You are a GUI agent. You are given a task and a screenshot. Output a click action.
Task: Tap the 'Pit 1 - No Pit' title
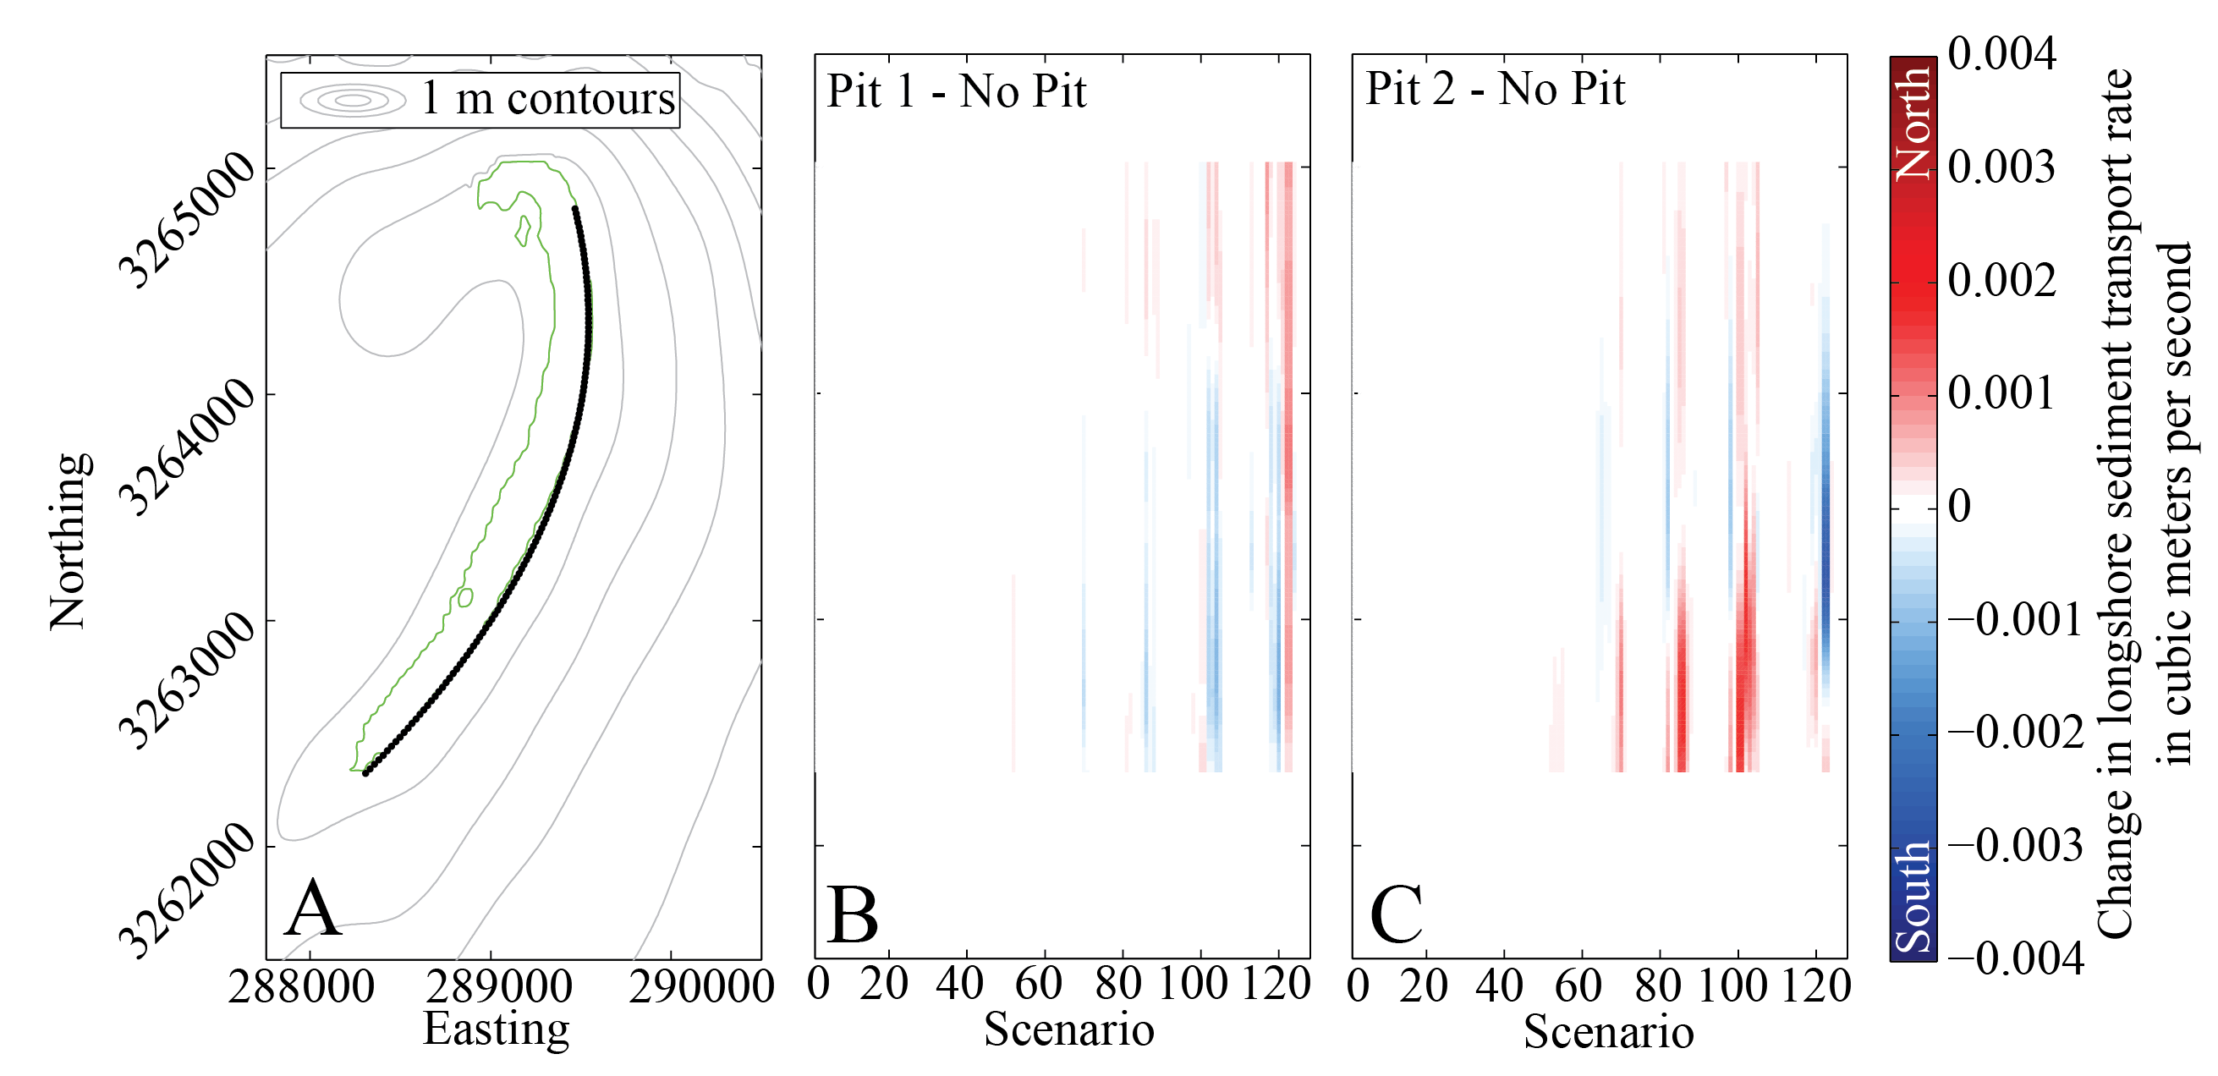pyautogui.click(x=956, y=91)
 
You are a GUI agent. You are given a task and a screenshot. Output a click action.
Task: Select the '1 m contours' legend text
pyautogui.click(x=547, y=98)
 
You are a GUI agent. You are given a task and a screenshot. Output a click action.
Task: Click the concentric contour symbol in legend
pyautogui.click(x=353, y=101)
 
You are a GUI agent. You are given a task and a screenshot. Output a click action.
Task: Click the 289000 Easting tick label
pyautogui.click(x=498, y=986)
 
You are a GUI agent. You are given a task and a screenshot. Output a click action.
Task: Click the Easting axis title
pyautogui.click(x=496, y=1029)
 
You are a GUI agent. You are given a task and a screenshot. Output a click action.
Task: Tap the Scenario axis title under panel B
pyautogui.click(x=1068, y=1029)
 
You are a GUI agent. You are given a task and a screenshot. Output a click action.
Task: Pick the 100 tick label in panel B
pyautogui.click(x=1194, y=983)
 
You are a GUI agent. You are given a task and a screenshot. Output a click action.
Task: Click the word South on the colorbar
pyautogui.click(x=1913, y=898)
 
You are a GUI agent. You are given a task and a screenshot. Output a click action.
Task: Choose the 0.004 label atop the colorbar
pyautogui.click(x=2002, y=53)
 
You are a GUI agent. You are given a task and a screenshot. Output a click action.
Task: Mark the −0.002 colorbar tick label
pyautogui.click(x=2015, y=733)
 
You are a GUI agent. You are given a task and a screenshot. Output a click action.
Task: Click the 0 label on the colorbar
pyautogui.click(x=1960, y=506)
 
